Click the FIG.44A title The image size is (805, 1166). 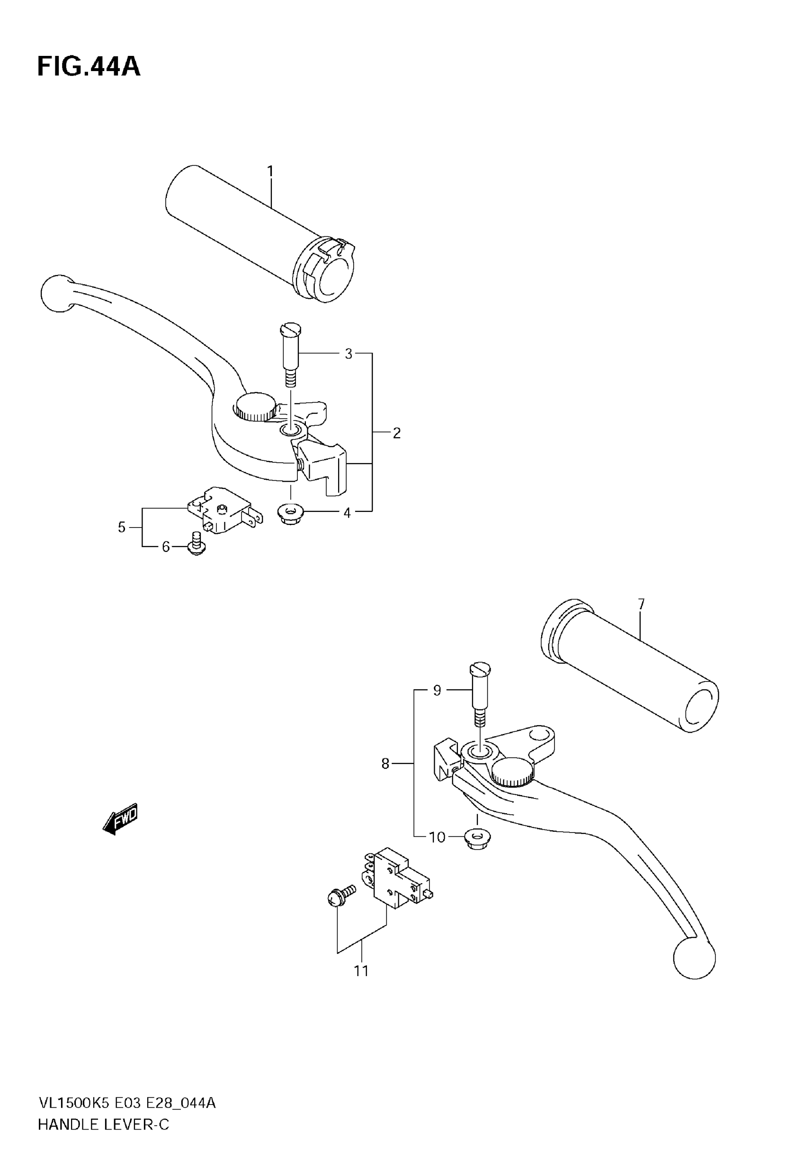(89, 67)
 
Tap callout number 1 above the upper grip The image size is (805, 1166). (270, 171)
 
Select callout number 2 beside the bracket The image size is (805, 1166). (396, 433)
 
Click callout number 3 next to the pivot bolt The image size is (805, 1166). (349, 354)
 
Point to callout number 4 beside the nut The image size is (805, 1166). (347, 513)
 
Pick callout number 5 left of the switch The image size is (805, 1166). (122, 528)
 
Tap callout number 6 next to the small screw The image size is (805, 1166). (166, 547)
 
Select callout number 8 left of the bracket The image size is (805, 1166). (385, 764)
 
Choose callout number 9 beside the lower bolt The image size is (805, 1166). (437, 691)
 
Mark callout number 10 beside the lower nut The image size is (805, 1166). (437, 837)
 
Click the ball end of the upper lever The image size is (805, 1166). (57, 293)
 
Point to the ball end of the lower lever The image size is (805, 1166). (694, 957)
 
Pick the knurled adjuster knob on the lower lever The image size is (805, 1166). (511, 773)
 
